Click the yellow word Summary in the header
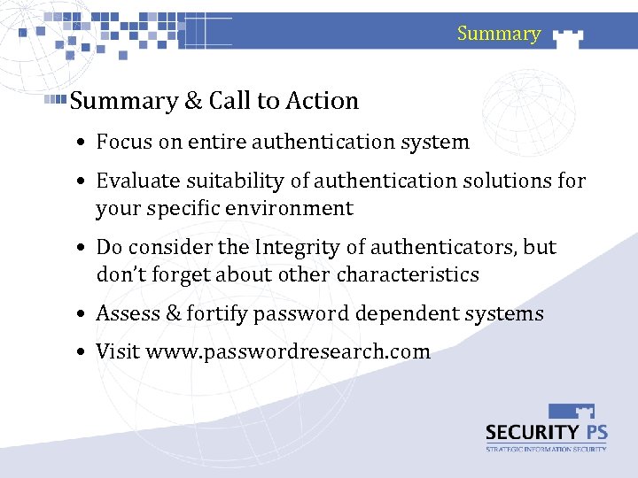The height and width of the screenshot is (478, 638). point(498,34)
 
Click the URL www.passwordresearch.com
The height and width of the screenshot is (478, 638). point(288,352)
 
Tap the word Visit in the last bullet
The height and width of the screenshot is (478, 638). point(118,352)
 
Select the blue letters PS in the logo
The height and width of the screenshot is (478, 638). point(590,432)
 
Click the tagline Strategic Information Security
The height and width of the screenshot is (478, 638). point(546,449)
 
